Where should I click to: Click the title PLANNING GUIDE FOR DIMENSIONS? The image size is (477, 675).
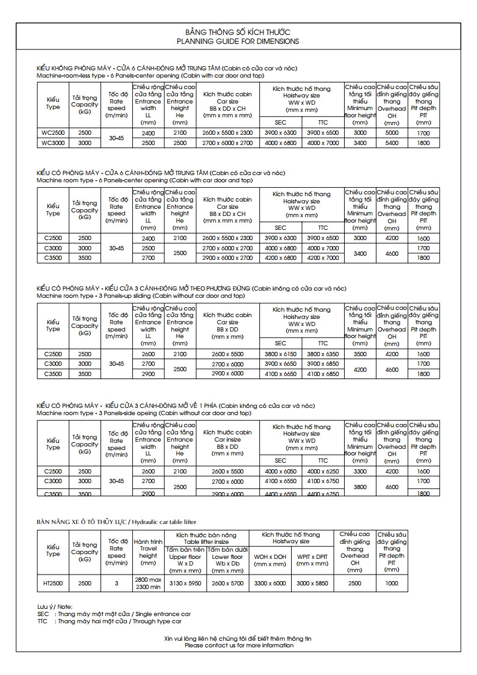[x=238, y=42]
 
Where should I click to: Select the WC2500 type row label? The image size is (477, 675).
[x=53, y=133]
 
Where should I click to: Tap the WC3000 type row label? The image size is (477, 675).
[x=53, y=143]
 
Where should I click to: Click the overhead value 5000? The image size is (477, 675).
[x=392, y=133]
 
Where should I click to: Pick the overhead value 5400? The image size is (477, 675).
[x=392, y=143]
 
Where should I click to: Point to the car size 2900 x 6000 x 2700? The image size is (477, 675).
[x=227, y=258]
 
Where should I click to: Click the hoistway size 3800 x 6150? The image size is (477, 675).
[x=280, y=354]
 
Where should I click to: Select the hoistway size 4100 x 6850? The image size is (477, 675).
[x=323, y=374]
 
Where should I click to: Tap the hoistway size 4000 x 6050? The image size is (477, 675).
[x=280, y=472]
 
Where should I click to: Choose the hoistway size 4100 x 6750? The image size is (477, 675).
[x=323, y=481]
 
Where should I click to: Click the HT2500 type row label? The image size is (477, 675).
[x=53, y=583]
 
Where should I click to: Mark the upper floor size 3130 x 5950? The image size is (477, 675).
[x=185, y=583]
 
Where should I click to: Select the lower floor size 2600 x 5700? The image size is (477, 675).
[x=227, y=583]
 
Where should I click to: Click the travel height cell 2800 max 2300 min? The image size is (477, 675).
[x=148, y=583]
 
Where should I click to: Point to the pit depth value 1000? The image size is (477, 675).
[x=392, y=583]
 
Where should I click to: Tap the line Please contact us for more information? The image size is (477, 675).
[x=239, y=646]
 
